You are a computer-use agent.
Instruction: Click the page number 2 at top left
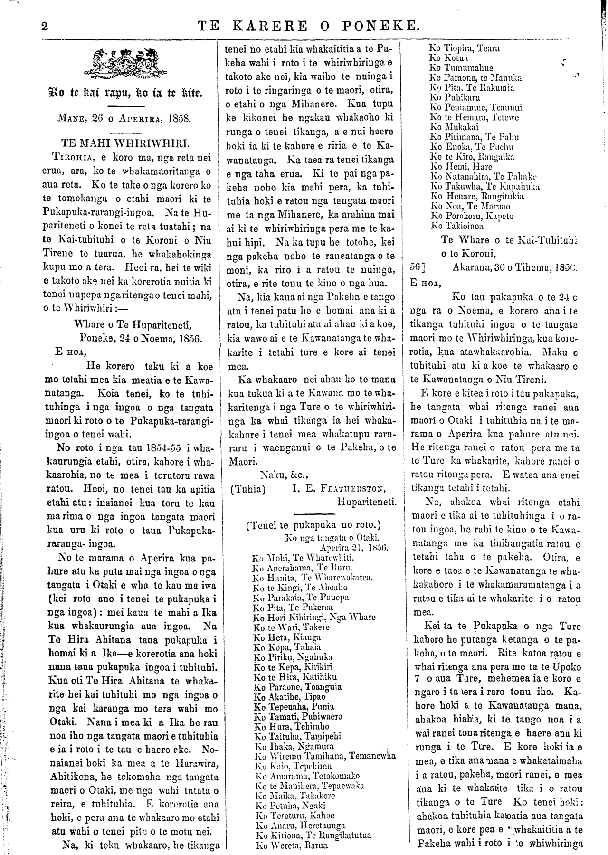pyautogui.click(x=45, y=27)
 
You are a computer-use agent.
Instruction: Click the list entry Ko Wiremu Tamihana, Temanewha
pyautogui.click(x=322, y=756)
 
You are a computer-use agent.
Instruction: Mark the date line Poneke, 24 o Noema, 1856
pyautogui.click(x=141, y=339)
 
